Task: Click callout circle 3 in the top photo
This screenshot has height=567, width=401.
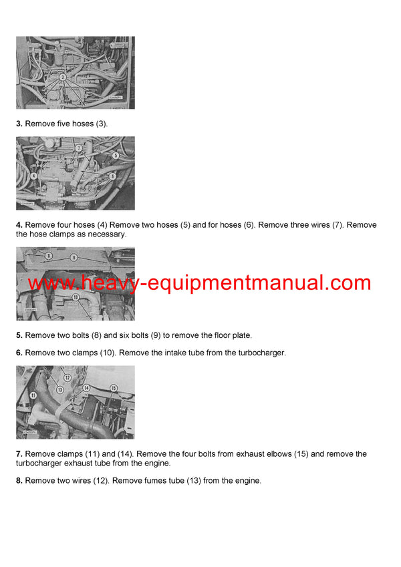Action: (62, 77)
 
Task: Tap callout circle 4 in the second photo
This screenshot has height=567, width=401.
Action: (33, 176)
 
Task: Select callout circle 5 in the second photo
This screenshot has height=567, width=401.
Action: (116, 155)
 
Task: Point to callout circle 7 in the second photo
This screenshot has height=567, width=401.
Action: (78, 148)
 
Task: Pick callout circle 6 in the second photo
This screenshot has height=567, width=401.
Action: (112, 176)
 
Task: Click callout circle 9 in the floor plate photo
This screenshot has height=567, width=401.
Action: (74, 257)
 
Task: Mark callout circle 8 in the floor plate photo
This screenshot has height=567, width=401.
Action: (49, 256)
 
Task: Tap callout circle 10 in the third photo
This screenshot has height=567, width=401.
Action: (76, 297)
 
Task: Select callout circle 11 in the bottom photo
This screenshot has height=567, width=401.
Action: (33, 396)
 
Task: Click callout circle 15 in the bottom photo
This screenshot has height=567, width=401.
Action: (113, 388)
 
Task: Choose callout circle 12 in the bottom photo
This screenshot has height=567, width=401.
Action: (68, 378)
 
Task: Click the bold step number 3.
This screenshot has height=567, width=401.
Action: (19, 124)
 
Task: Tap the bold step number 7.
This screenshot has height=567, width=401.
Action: (19, 454)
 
